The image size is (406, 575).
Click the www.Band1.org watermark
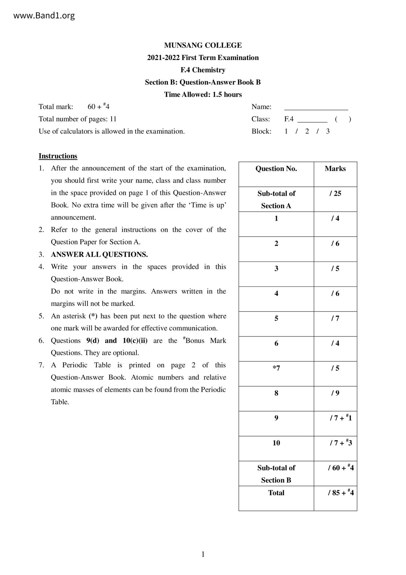tap(44, 15)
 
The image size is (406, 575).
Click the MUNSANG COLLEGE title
tap(203, 45)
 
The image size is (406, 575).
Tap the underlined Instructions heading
tap(58, 156)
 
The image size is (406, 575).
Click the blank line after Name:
tap(316, 108)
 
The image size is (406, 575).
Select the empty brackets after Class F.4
tap(343, 119)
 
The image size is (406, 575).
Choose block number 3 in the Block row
tap(328, 131)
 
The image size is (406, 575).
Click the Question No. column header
tap(276, 169)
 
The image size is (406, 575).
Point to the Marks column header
tap(335, 169)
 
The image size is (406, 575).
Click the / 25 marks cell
tap(335, 194)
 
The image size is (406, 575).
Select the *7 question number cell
tap(276, 368)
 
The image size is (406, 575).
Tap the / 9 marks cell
tap(335, 393)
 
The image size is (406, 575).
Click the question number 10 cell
tap(276, 443)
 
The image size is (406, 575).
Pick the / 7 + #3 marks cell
tap(341, 443)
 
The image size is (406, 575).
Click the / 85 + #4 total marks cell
tap(341, 493)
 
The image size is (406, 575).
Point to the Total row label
tap(276, 493)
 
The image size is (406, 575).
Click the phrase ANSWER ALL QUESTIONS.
tap(99, 255)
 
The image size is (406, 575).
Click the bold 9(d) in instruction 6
tap(93, 341)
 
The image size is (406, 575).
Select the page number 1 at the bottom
tap(203, 555)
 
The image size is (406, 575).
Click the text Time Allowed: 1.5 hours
tap(203, 95)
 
